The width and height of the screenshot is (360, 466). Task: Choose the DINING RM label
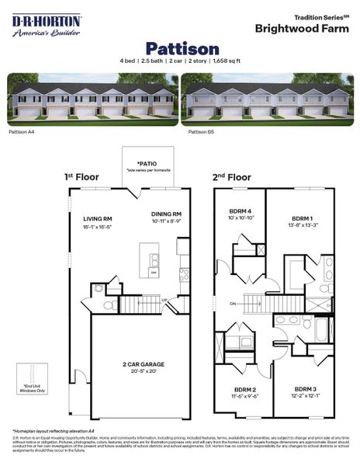[167, 214]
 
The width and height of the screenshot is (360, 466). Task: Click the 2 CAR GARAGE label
[136, 363]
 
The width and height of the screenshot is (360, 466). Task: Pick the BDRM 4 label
[238, 210]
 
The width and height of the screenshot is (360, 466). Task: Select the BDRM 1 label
[301, 218]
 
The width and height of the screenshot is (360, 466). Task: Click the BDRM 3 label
[305, 388]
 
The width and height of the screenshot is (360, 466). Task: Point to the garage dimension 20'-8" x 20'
[136, 371]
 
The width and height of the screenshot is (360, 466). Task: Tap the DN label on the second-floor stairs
[234, 304]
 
